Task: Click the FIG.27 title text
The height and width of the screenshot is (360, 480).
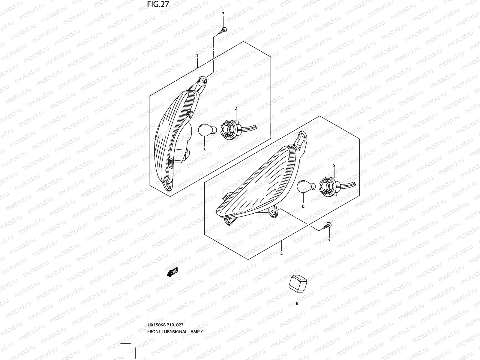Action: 158,4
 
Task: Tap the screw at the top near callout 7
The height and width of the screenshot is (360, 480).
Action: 223,30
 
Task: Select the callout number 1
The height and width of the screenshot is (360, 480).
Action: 197,55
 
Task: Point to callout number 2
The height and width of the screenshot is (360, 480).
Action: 236,108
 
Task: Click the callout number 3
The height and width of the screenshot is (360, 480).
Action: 204,149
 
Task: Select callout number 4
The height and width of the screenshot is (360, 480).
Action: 281,254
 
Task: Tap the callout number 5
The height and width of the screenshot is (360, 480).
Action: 334,165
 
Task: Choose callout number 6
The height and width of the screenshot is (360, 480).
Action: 303,206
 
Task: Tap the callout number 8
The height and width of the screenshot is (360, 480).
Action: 297,303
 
